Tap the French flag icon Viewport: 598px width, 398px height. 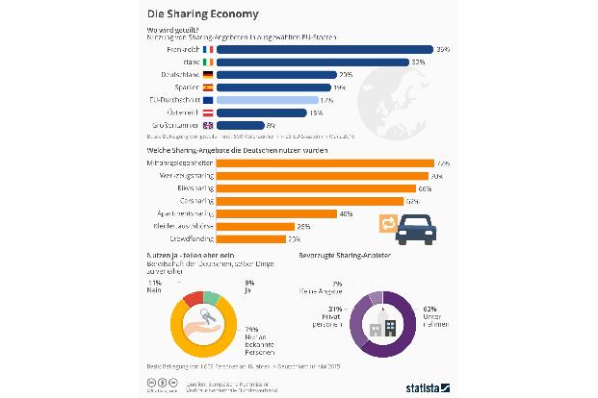[208, 46]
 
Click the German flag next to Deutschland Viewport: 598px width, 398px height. [208, 73]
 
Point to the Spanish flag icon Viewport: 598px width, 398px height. [208, 87]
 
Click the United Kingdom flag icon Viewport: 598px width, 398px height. [208, 125]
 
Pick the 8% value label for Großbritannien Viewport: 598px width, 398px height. [273, 125]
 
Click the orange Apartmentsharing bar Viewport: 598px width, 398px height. [275, 213]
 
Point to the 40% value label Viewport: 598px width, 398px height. [344, 213]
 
